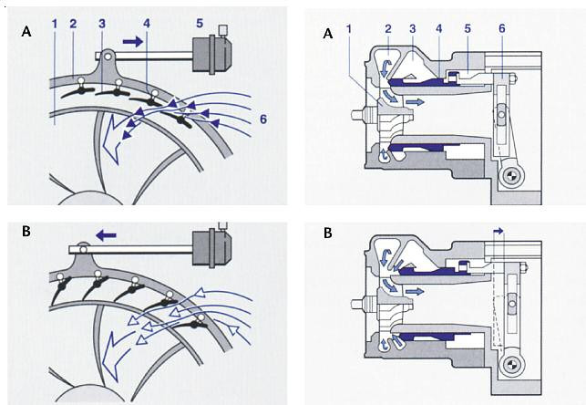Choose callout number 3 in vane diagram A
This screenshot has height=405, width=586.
102,22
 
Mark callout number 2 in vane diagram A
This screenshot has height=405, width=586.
75,19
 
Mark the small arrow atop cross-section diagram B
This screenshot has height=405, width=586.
498,231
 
